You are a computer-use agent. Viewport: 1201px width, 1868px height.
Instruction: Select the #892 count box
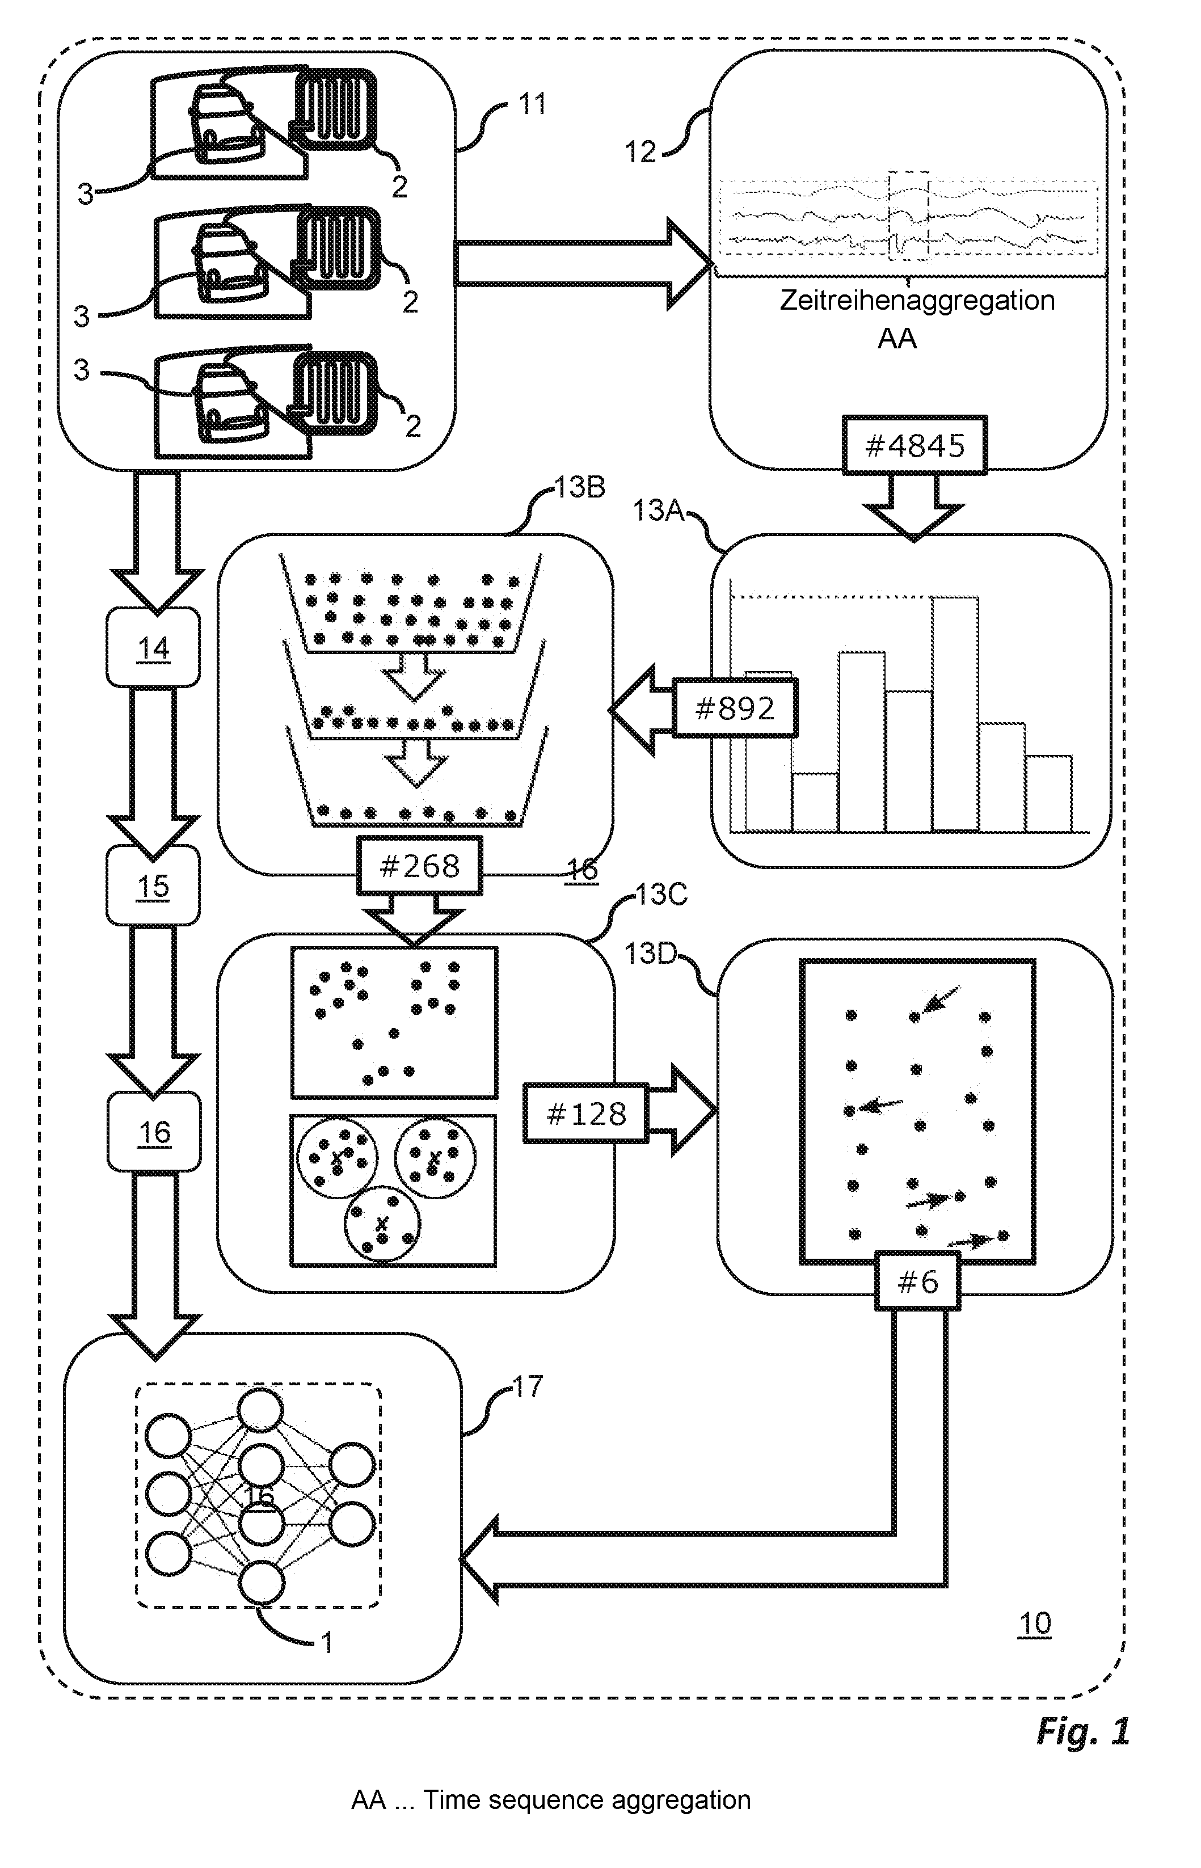(x=735, y=708)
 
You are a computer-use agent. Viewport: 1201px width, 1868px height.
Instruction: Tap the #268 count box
(x=420, y=866)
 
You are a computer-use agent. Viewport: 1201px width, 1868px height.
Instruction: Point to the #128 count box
(x=585, y=1114)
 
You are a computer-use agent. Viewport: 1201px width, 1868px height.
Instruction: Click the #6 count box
(x=917, y=1281)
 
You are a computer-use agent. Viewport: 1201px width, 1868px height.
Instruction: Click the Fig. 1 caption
(x=1082, y=1731)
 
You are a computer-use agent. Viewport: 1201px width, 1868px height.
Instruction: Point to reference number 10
(x=1035, y=1624)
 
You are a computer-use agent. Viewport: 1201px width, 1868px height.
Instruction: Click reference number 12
(x=640, y=152)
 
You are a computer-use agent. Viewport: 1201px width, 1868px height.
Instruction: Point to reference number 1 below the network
(x=327, y=1643)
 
